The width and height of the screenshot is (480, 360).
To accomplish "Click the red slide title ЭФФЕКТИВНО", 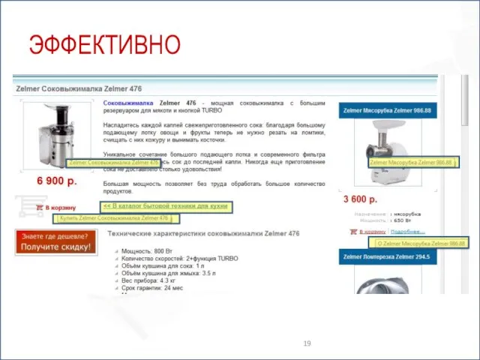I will point(105,44).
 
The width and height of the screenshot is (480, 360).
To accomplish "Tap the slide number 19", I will point(307,343).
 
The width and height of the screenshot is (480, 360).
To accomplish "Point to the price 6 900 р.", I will point(57,181).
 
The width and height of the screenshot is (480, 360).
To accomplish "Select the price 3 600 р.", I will point(360,199).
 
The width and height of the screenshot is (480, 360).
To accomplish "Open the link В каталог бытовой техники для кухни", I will point(166,205).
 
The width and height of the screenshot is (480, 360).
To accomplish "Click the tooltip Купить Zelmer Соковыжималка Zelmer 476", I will point(115,218).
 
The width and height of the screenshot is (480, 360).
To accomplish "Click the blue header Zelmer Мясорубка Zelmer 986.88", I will point(387,111).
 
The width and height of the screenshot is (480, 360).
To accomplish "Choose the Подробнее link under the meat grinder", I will point(408,232).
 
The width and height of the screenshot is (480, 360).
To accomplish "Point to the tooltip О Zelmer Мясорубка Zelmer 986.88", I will point(420,243).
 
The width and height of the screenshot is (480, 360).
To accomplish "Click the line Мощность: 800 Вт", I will point(145,250).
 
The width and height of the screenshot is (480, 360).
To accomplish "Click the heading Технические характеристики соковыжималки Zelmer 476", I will point(202,234).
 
